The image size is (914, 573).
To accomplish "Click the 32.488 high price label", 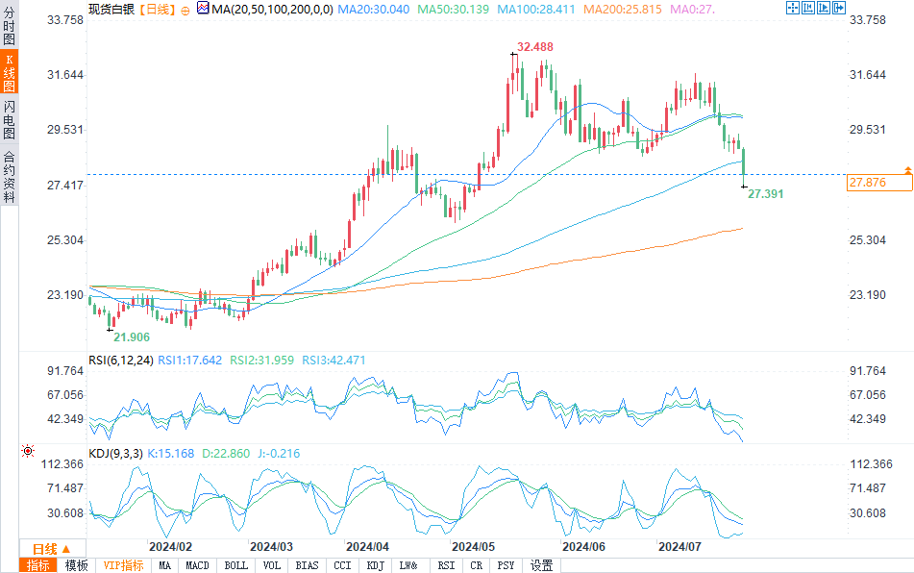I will (536, 47).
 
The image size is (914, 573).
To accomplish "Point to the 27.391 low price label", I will (765, 194).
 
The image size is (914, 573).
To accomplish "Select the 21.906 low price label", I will (132, 336).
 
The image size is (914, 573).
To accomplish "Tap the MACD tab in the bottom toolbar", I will (197, 565).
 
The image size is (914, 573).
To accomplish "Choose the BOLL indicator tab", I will (235, 565).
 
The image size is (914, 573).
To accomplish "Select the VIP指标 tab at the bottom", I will (123, 565).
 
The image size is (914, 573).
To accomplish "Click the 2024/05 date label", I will (472, 546).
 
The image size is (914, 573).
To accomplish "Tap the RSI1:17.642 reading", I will (190, 361).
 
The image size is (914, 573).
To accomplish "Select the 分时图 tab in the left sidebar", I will (9, 28).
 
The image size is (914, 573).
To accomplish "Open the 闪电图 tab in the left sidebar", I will (9, 120).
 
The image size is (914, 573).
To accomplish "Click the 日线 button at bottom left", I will (38, 547).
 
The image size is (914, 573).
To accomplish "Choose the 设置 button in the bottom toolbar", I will (541, 565).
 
